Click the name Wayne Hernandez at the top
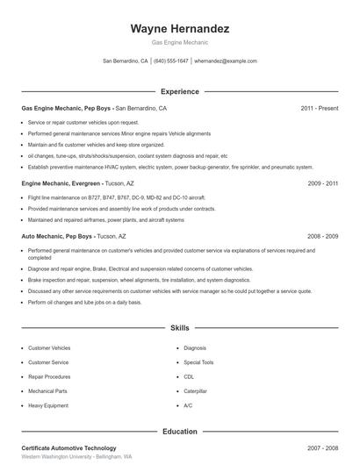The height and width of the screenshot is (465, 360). coord(179,28)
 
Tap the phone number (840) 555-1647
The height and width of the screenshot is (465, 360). coord(170,61)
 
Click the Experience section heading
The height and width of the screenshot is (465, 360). coord(179,91)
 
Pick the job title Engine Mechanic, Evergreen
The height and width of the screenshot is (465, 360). coord(57,183)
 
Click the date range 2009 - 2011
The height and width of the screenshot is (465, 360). coord(322,183)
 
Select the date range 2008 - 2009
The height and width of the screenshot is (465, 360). coord(322,236)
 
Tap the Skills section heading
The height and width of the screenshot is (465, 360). coord(179,327)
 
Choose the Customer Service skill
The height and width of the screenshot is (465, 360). coord(48,361)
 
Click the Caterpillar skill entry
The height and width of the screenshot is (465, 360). coord(195,390)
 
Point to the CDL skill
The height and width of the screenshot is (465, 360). coord(189,376)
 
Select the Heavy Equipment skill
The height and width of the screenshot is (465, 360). coord(47,405)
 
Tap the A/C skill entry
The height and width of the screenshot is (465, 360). coord(188,405)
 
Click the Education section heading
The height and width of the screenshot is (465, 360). coord(179,431)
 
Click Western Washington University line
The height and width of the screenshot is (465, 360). coord(76,457)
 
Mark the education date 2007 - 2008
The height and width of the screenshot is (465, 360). coord(322,448)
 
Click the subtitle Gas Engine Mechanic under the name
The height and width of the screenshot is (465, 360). coord(179,41)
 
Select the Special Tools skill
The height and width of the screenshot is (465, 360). coord(198,361)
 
